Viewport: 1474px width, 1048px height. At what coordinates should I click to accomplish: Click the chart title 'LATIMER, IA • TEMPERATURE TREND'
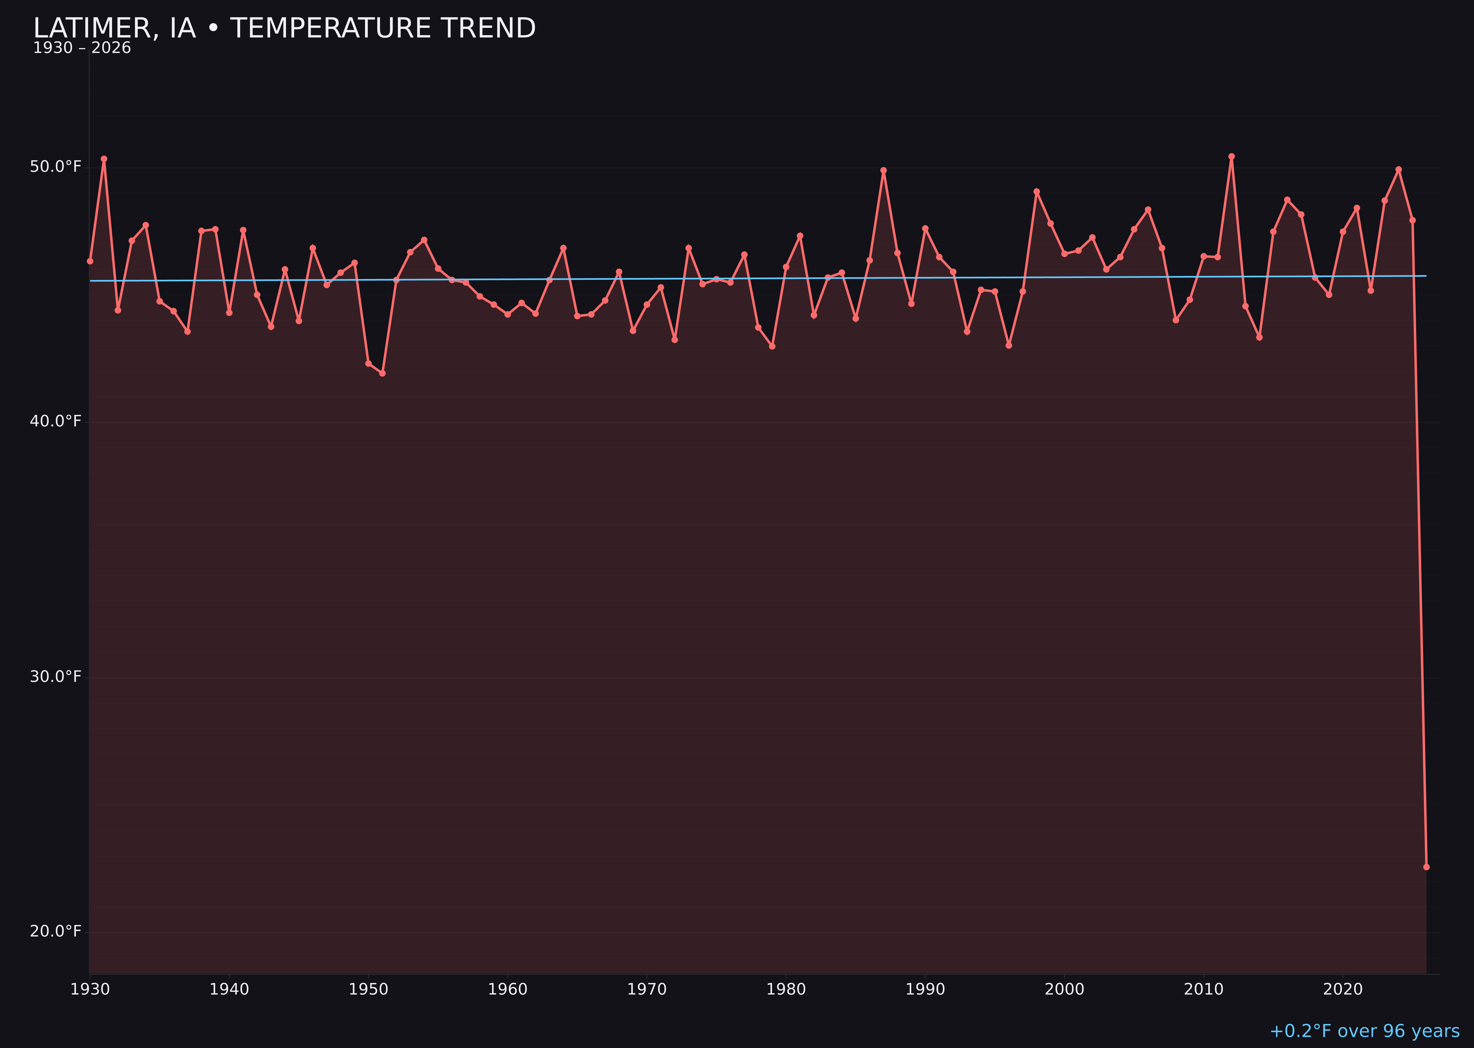[284, 28]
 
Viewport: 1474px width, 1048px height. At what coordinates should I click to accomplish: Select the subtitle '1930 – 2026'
[82, 48]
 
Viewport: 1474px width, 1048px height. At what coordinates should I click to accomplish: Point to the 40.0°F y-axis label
[56, 422]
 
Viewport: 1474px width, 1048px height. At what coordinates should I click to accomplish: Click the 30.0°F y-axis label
[56, 676]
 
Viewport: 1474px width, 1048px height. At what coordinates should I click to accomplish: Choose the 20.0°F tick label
[56, 931]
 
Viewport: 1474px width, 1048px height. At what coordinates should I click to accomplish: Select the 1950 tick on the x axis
[368, 989]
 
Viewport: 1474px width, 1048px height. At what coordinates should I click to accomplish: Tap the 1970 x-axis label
[647, 989]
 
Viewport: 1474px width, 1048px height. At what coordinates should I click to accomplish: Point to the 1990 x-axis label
[925, 989]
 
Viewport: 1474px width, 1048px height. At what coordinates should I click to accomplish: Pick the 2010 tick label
[1204, 989]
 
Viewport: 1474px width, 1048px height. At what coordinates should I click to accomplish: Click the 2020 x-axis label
[1342, 989]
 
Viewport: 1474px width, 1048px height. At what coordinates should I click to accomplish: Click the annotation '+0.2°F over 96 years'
[1364, 1031]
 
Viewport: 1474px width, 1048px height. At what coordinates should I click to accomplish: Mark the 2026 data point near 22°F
[1426, 867]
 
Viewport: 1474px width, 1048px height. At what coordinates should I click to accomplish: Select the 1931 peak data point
[104, 159]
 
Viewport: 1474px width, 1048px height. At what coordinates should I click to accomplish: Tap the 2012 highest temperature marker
[1232, 156]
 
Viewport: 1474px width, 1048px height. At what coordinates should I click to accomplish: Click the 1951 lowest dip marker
[382, 373]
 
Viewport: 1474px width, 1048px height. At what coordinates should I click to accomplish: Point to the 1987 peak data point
[884, 170]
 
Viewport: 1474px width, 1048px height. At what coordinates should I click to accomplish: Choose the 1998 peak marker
[1037, 192]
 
